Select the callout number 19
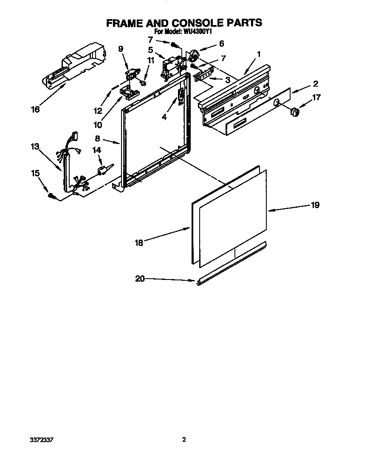[315, 205]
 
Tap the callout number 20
[140, 279]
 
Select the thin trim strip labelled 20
[231, 264]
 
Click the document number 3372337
[42, 440]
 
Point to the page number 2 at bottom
[184, 440]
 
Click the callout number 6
[221, 43]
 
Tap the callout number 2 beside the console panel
[316, 84]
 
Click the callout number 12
[98, 111]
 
